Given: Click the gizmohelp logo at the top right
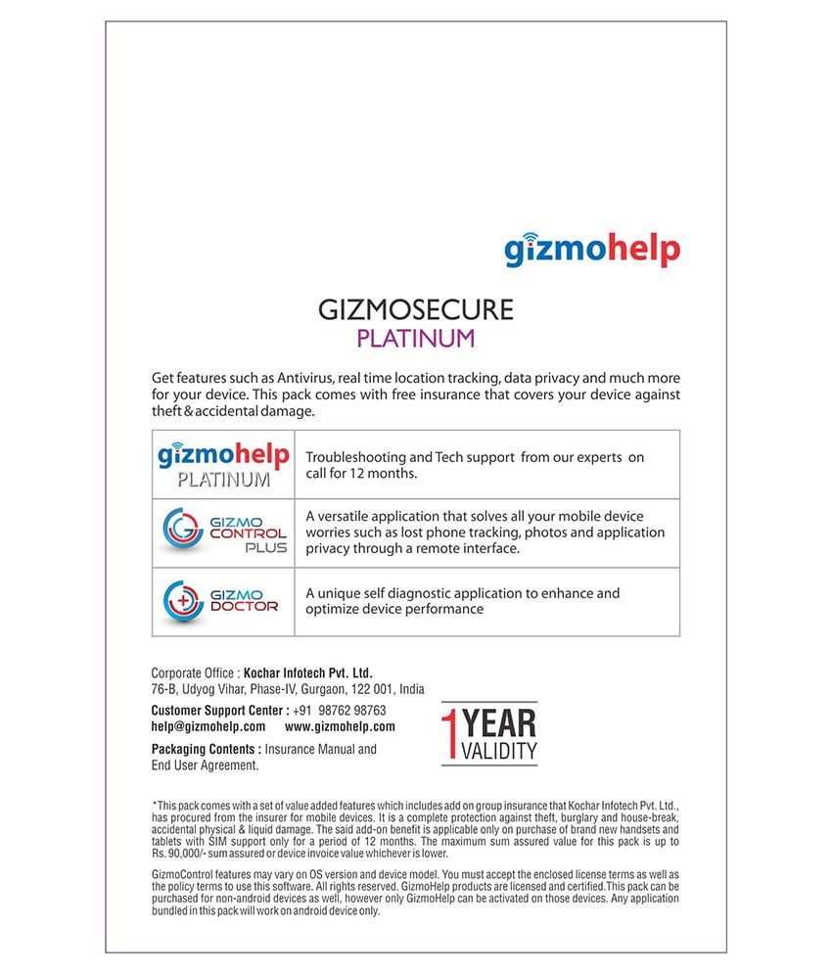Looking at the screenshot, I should point(591,249).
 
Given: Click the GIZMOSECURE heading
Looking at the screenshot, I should point(416,310).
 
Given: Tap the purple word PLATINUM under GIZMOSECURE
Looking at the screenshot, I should point(416,339).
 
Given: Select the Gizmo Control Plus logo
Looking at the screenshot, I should point(223,533).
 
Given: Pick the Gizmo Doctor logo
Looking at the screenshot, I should point(221,600).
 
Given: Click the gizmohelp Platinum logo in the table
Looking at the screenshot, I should point(223,464).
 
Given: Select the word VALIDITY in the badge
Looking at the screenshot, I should point(500,752).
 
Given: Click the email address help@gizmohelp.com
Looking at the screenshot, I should point(208,727).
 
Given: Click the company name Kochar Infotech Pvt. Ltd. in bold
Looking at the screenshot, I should point(308,673).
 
